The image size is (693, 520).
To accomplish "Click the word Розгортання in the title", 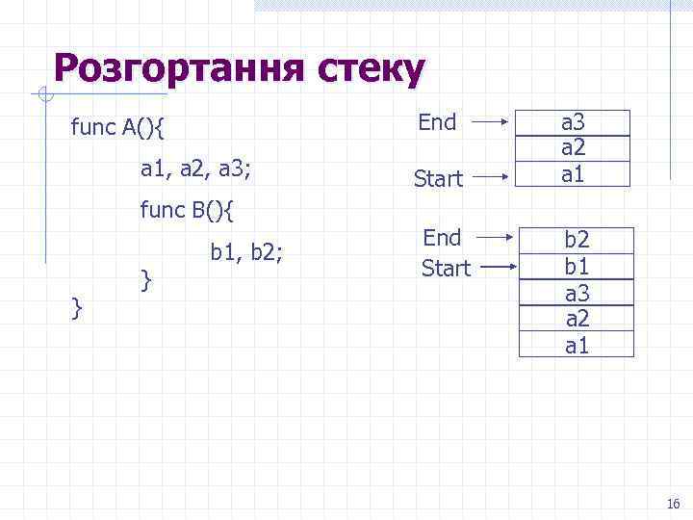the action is click(177, 69).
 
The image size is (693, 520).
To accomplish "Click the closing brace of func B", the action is click(146, 279).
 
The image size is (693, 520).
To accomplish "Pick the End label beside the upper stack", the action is click(437, 122).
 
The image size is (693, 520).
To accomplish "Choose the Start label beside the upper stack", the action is click(439, 178).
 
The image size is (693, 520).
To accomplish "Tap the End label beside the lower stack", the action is click(443, 237).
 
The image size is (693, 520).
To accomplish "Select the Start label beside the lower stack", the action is click(446, 268).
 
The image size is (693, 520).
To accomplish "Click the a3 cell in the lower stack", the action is click(577, 293).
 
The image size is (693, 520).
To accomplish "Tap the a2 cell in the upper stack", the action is click(574, 148).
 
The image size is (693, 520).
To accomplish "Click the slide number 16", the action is click(673, 504).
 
